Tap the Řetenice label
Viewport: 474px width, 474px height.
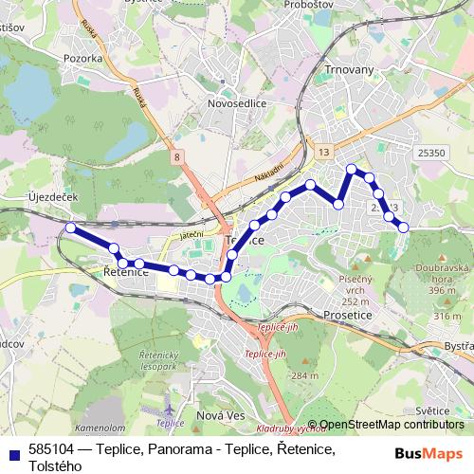[x=124, y=272]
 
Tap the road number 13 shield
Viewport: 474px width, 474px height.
[x=324, y=152]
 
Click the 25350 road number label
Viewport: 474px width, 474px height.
[x=431, y=152]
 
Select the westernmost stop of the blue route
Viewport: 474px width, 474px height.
[x=71, y=228]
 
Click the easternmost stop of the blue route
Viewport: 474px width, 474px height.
[x=403, y=227]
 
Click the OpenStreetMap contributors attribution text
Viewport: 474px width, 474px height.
[x=391, y=425]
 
